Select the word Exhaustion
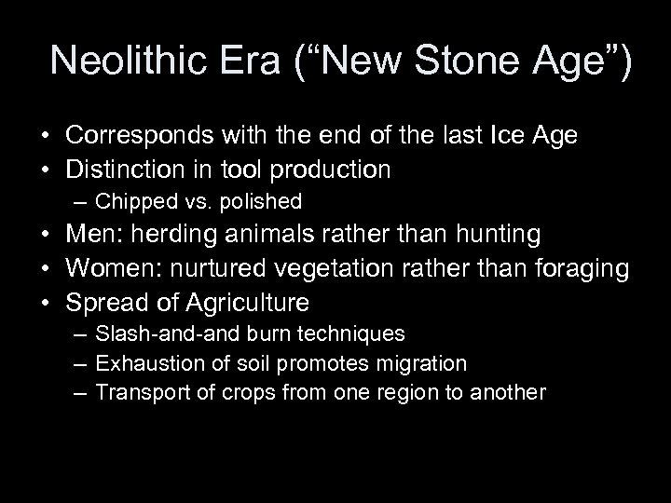(x=142, y=363)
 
